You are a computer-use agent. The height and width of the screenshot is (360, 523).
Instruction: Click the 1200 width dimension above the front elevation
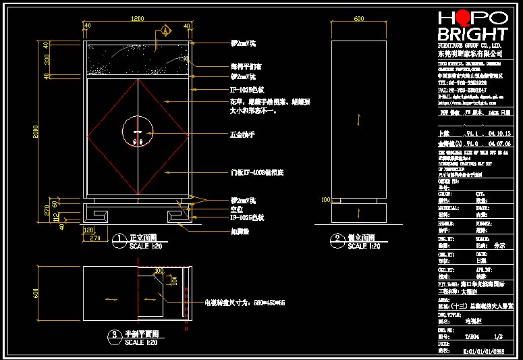tap(138, 18)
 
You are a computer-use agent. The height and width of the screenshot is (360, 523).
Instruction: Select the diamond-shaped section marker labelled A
tap(165, 31)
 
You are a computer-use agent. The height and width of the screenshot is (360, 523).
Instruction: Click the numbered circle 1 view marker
tap(120, 238)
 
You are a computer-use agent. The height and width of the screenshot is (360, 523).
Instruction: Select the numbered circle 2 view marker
tap(337, 238)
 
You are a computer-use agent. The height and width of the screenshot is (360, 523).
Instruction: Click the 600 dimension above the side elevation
tap(358, 18)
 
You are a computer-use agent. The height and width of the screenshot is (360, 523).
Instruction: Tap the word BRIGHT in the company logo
tap(472, 34)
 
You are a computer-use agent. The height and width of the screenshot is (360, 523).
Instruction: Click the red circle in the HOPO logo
tap(460, 18)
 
